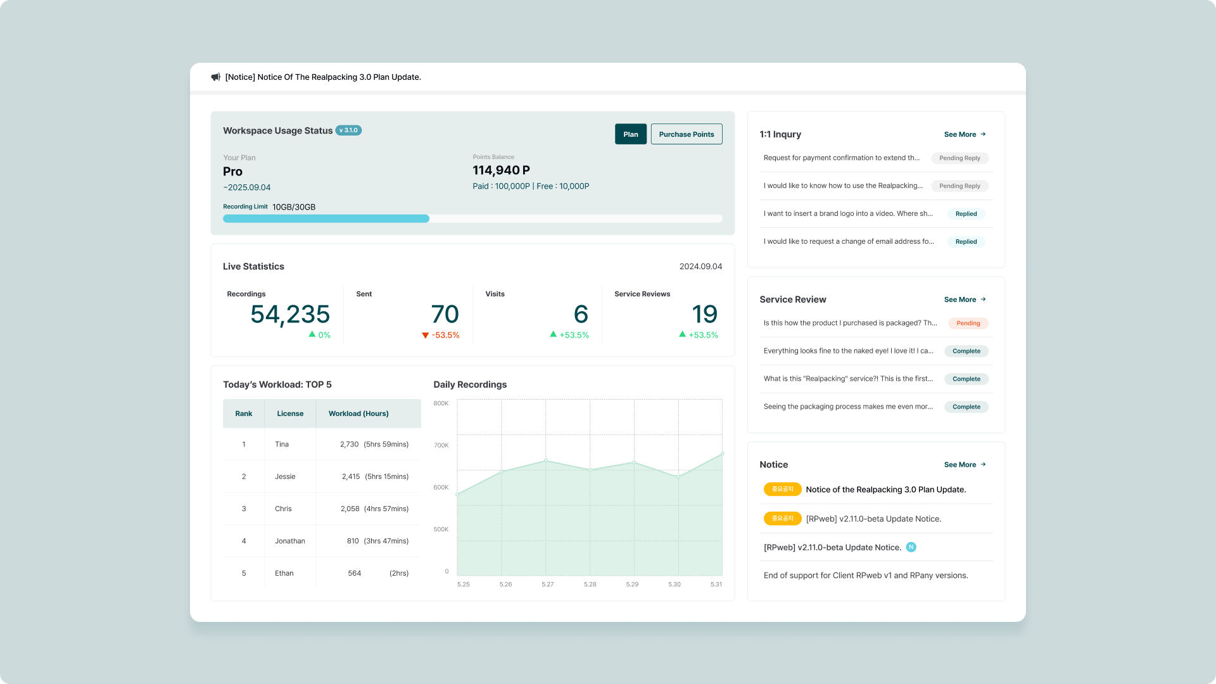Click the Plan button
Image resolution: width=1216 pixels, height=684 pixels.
coord(630,134)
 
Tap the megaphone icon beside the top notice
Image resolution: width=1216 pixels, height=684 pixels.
coord(215,77)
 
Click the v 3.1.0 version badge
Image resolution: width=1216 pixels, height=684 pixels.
coord(348,130)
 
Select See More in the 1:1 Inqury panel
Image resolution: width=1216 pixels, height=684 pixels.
coord(965,134)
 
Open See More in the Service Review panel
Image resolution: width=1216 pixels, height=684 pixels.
coord(965,300)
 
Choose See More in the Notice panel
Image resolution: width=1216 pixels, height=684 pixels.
coord(965,465)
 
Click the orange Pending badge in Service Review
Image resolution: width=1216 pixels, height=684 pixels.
coord(968,323)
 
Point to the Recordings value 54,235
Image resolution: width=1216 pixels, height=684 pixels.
coord(290,314)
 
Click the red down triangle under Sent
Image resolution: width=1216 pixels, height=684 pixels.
coord(425,336)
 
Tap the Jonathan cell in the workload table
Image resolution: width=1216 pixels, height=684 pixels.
coord(290,541)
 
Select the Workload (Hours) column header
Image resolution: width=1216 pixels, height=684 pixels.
coord(358,414)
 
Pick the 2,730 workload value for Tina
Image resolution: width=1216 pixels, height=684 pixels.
coord(350,445)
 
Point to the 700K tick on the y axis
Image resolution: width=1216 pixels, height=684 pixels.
coord(441,445)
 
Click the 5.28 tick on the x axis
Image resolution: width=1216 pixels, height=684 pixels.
coord(590,585)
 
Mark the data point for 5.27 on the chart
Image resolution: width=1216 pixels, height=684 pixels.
coord(546,460)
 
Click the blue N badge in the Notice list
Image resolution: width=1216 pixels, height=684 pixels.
coord(911,547)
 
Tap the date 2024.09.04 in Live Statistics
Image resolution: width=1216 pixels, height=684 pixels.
coord(700,267)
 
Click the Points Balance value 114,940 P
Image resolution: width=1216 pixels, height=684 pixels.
coord(501,170)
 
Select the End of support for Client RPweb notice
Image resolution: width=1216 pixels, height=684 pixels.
coord(866,576)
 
